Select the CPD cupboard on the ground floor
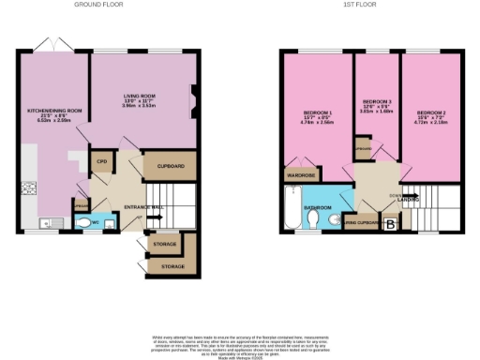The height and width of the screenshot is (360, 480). pos(101,161)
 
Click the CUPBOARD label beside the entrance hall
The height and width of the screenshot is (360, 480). pos(169,166)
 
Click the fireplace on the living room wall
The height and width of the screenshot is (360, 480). pos(195,99)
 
